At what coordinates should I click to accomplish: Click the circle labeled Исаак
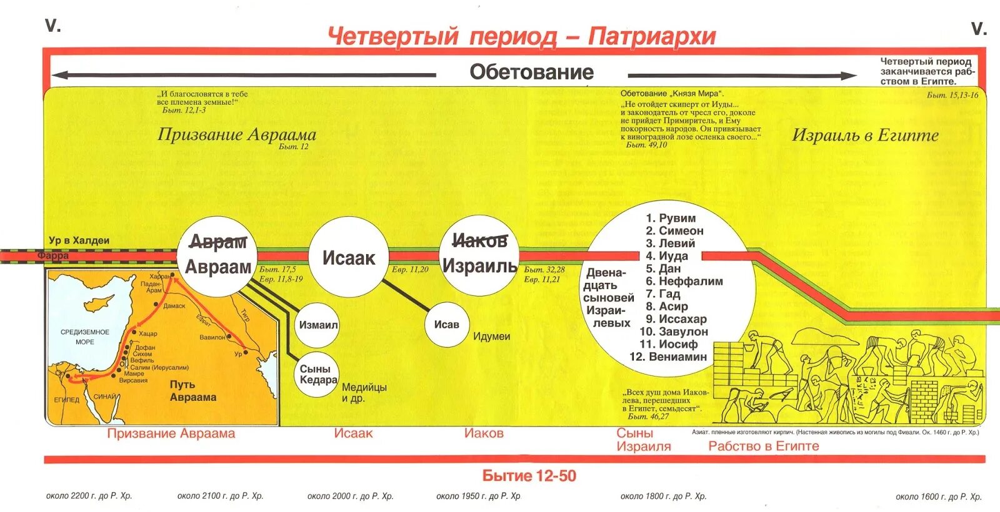[348, 257]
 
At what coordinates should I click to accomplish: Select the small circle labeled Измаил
[317, 325]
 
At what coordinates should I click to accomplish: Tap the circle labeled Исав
[446, 325]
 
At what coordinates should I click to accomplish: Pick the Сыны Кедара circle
[318, 374]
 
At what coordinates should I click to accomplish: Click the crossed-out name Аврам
[218, 242]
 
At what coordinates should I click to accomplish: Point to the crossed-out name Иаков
[479, 240]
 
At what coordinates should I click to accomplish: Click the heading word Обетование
[531, 72]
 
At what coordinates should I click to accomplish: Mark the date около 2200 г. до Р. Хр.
[89, 496]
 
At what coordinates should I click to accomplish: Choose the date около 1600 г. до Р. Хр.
[938, 496]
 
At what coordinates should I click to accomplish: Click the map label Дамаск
[174, 306]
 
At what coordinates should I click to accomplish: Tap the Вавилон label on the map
[212, 337]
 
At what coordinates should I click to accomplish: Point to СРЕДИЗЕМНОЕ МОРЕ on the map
[85, 337]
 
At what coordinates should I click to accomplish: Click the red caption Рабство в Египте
[763, 446]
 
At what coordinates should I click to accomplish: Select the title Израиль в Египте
[865, 135]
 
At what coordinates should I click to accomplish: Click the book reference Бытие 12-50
[529, 476]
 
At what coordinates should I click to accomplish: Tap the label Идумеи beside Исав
[491, 337]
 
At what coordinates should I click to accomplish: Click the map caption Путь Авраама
[192, 391]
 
